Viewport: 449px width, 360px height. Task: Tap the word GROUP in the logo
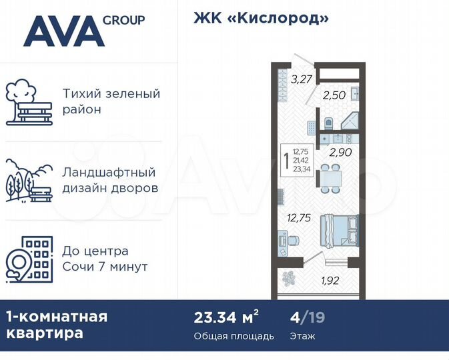(x=124, y=20)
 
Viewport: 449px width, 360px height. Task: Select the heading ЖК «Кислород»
(x=262, y=19)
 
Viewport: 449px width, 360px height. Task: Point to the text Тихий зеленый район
(x=111, y=101)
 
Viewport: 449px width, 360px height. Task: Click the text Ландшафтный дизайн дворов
(x=110, y=180)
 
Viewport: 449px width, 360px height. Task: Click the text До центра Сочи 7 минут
(x=105, y=259)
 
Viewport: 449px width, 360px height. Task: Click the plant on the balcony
(x=290, y=279)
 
